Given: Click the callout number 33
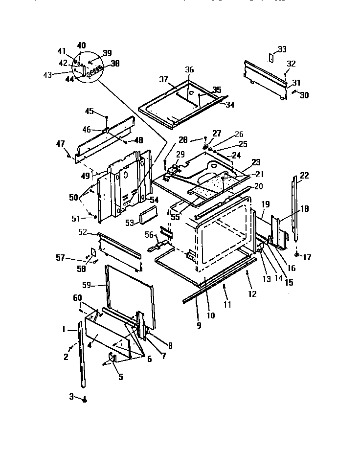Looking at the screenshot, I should [x=282, y=49].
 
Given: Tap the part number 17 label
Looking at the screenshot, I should [x=307, y=257].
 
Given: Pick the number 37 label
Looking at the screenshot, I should [x=163, y=79].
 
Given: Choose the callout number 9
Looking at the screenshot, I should [x=199, y=325].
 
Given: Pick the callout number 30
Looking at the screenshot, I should [x=304, y=95].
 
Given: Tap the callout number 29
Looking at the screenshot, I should [x=180, y=155].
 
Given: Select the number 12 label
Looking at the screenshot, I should [x=252, y=294].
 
